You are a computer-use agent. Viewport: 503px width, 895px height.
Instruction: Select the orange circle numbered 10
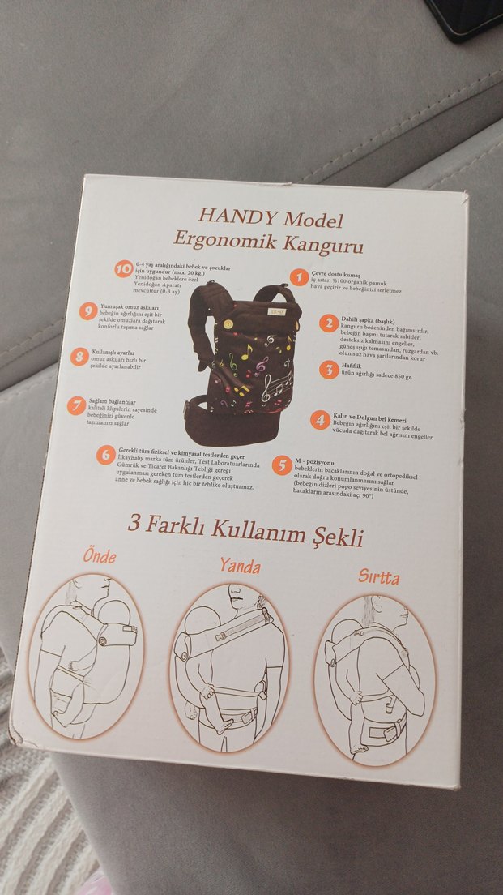tap(123, 269)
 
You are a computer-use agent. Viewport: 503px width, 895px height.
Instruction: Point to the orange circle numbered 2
tap(328, 323)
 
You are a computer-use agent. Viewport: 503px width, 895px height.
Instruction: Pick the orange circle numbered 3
tap(328, 370)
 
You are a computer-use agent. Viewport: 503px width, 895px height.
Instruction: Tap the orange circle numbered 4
tap(320, 419)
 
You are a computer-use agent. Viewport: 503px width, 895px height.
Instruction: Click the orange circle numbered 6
tap(105, 455)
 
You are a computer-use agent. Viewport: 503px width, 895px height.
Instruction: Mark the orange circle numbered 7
tap(76, 405)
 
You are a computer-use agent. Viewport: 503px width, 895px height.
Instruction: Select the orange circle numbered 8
tap(79, 357)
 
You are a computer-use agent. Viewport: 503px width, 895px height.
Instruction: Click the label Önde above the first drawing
tap(99, 556)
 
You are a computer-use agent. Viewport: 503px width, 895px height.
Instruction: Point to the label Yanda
tap(240, 565)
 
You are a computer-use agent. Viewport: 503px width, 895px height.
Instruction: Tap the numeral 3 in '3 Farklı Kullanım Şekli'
tap(134, 522)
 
